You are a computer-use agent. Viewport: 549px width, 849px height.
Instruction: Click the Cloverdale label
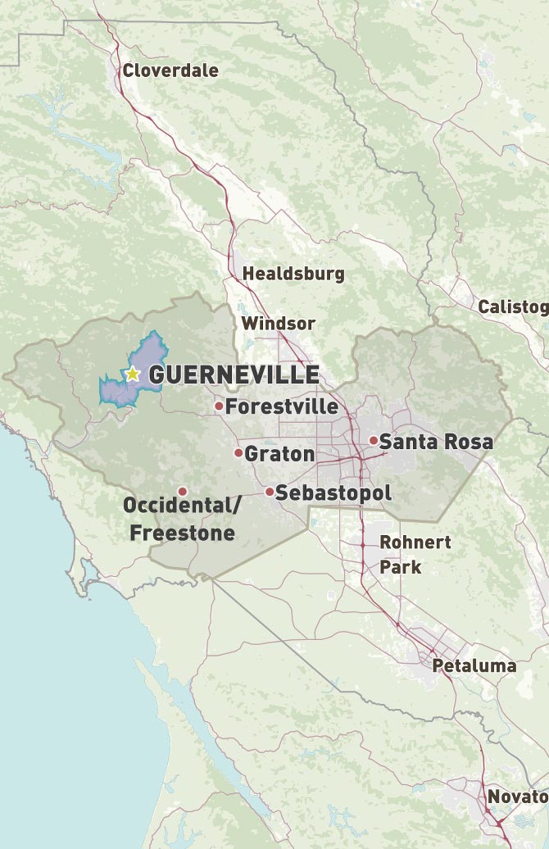click(170, 70)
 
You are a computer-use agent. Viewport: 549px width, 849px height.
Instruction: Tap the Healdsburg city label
click(293, 274)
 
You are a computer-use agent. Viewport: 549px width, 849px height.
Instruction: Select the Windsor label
click(278, 324)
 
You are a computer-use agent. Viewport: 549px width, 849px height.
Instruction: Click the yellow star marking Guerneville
click(132, 375)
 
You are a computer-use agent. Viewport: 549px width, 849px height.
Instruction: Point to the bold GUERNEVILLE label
click(234, 375)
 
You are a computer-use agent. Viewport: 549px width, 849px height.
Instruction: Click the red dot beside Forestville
click(219, 406)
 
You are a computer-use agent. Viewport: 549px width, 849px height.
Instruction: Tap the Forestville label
click(282, 406)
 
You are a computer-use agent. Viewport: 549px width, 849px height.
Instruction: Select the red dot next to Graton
click(238, 453)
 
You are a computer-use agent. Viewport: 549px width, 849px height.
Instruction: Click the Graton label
click(279, 454)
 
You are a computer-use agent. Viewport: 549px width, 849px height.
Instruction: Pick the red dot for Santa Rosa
click(373, 441)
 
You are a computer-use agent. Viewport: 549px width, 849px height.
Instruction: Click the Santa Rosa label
click(436, 443)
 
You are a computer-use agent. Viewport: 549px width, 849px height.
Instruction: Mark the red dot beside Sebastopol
click(269, 492)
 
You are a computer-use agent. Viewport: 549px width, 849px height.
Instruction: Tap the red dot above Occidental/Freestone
click(182, 491)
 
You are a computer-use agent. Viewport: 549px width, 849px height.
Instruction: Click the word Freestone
click(182, 533)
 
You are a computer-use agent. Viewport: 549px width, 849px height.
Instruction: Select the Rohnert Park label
click(415, 554)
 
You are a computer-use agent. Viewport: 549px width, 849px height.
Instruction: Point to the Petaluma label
click(474, 665)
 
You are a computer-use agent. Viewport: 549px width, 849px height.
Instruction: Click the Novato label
click(516, 797)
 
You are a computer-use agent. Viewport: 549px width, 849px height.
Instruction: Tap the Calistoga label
click(513, 307)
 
